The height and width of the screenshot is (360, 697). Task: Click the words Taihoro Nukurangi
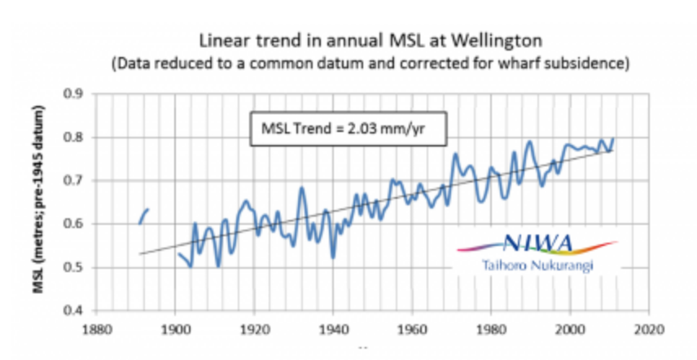tap(537, 265)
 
